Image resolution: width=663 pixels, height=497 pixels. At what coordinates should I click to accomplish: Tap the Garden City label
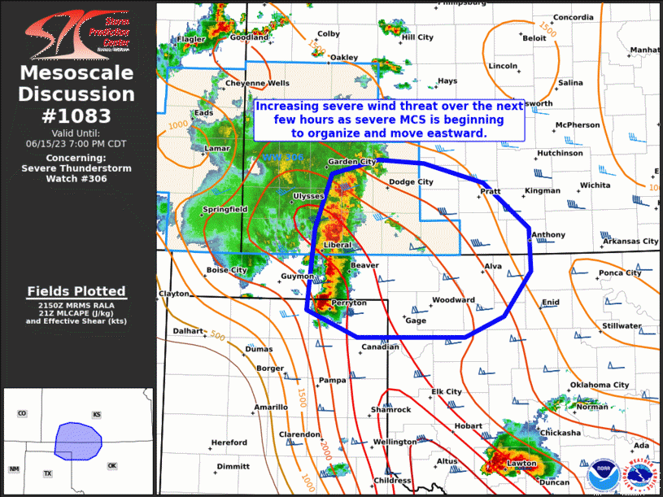pyautogui.click(x=351, y=162)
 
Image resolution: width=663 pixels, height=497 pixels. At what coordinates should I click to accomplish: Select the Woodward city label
pyautogui.click(x=453, y=300)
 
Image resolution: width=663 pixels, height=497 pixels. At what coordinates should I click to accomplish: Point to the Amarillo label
pyautogui.click(x=271, y=407)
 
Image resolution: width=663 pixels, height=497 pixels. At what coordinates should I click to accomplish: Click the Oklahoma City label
pyautogui.click(x=600, y=385)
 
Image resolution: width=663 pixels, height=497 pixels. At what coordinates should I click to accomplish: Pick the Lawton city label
pyautogui.click(x=521, y=464)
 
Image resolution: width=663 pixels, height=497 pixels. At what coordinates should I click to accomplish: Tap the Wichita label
pyautogui.click(x=595, y=185)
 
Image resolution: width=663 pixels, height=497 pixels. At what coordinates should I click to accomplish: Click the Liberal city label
pyautogui.click(x=338, y=245)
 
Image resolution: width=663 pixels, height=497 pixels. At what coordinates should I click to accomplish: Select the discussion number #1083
pyautogui.click(x=78, y=115)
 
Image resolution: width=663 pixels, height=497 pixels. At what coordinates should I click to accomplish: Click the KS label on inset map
pyautogui.click(x=97, y=415)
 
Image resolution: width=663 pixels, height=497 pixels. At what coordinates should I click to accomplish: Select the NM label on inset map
pyautogui.click(x=14, y=469)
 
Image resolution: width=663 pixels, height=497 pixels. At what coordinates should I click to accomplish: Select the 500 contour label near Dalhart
pyautogui.click(x=216, y=335)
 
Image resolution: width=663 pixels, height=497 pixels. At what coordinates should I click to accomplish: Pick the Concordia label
pyautogui.click(x=573, y=18)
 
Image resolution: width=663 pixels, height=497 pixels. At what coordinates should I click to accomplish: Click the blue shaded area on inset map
pyautogui.click(x=76, y=440)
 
